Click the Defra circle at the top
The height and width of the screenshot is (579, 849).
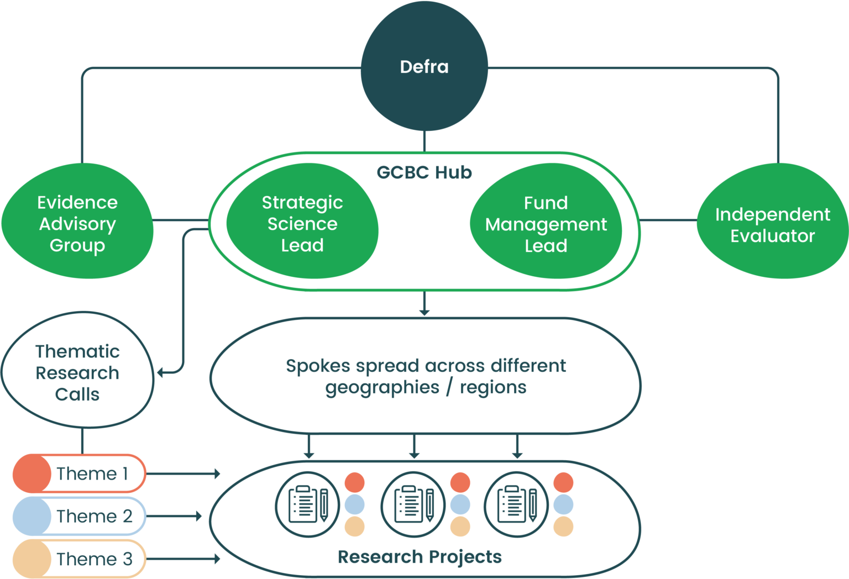[424, 67]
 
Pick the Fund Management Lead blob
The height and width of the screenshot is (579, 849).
[546, 223]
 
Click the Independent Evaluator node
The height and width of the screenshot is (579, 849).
[772, 224]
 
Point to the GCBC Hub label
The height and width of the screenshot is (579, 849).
[424, 172]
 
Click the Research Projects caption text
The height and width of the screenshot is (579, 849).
[420, 557]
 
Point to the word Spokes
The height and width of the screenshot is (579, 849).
[318, 366]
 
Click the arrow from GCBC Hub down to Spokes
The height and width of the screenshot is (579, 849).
[424, 304]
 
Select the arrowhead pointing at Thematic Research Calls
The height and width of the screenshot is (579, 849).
[161, 372]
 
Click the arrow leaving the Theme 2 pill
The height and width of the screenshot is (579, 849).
[175, 516]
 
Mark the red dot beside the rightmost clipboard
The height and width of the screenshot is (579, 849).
[563, 482]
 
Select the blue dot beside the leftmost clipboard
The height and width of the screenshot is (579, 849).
[354, 504]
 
